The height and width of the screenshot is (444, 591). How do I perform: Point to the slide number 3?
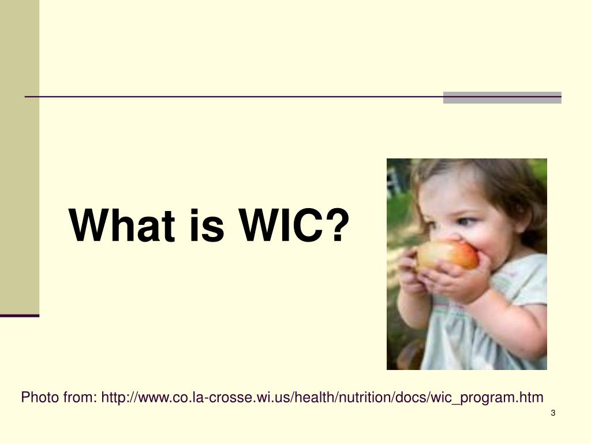(x=553, y=413)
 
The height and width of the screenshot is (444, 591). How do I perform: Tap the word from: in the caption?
(x=79, y=398)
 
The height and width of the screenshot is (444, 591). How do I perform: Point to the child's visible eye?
(x=465, y=222)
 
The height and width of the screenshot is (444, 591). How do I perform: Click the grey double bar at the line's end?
(x=502, y=98)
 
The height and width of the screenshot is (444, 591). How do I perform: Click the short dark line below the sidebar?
(x=20, y=316)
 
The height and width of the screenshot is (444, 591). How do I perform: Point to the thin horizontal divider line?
(x=231, y=97)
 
